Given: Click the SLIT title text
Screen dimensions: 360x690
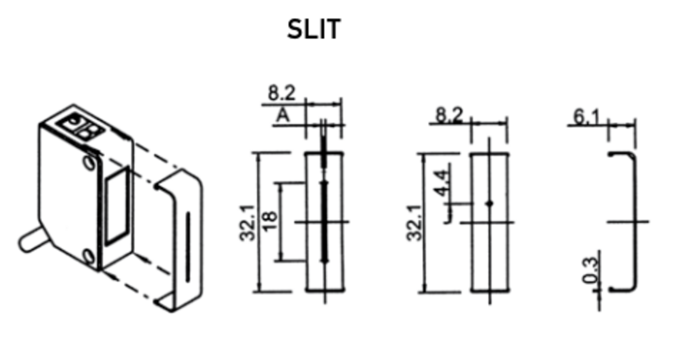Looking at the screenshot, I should [x=314, y=29].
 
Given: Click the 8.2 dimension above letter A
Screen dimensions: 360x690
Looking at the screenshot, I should [x=281, y=93].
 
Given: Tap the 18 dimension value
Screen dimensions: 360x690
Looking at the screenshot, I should [x=271, y=222].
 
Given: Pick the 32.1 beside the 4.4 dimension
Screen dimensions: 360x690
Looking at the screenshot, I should [x=414, y=223].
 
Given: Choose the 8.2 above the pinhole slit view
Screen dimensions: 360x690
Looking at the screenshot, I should [x=449, y=115].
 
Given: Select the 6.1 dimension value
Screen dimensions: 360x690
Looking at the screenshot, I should [x=586, y=118].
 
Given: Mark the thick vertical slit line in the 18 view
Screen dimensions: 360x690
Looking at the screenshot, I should [x=325, y=221].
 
